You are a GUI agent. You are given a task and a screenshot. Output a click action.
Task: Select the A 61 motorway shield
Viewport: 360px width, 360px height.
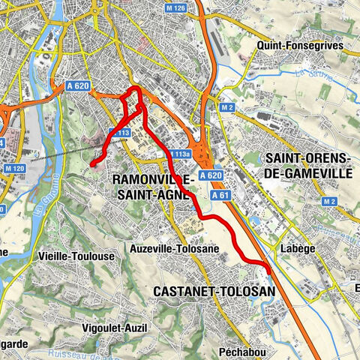click(x=219, y=195)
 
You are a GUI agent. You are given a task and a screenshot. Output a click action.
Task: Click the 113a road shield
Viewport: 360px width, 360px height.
click(x=178, y=154)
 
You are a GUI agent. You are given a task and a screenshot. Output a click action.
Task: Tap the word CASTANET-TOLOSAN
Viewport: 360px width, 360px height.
click(x=214, y=290)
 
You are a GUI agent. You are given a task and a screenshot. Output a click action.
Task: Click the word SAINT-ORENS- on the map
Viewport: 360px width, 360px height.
click(x=307, y=159)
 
